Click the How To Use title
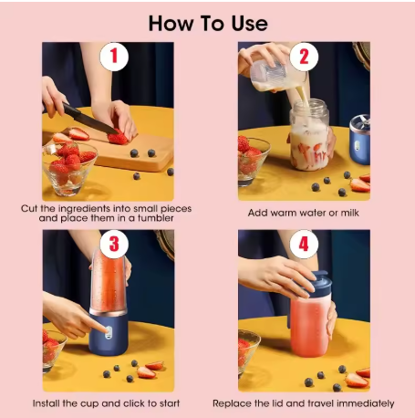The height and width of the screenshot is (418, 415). tap(207, 22)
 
